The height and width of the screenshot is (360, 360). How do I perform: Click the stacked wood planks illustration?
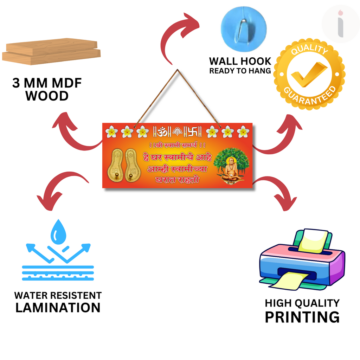click(51, 52)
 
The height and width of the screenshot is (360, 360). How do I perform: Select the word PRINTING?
click(302, 317)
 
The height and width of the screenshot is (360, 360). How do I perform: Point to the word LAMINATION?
click(58, 308)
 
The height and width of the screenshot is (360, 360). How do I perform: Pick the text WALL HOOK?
click(240, 61)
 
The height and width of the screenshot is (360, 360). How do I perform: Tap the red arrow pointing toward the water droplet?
click(60, 188)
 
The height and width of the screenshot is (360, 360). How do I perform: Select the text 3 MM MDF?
click(47, 83)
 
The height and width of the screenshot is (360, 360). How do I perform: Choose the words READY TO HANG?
click(240, 71)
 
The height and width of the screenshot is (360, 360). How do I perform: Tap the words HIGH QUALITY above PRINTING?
click(302, 303)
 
